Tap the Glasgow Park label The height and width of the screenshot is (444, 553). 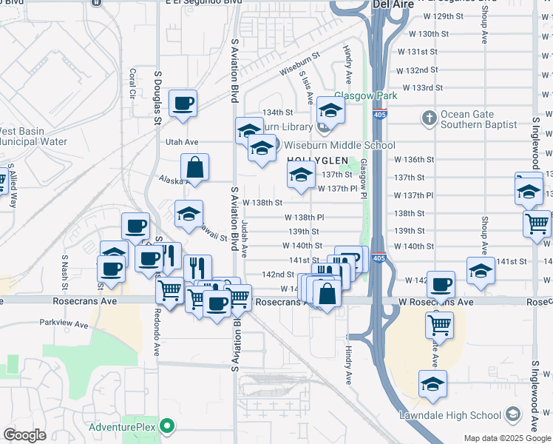(x=366, y=95)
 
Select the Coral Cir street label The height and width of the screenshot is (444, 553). (x=133, y=84)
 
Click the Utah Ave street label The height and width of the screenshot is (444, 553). (x=182, y=141)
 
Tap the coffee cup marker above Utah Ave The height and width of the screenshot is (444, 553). (x=183, y=104)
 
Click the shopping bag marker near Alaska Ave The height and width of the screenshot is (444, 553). (x=194, y=168)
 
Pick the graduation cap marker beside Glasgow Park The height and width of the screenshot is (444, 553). (x=330, y=111)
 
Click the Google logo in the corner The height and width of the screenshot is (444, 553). (x=24, y=434)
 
